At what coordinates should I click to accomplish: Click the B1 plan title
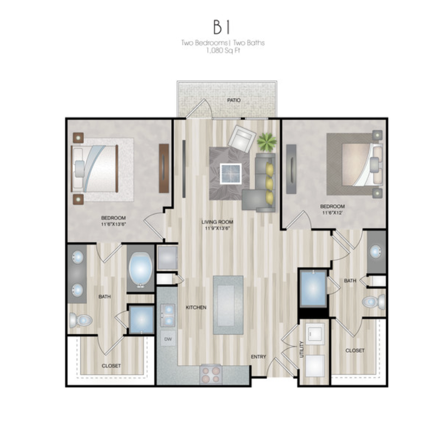click(x=222, y=27)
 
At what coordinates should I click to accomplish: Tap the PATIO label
click(x=234, y=100)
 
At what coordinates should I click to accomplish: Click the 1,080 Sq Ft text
click(x=223, y=51)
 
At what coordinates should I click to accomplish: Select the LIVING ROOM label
click(x=218, y=222)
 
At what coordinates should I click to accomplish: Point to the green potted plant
click(x=267, y=141)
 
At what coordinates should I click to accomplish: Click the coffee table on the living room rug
click(x=231, y=173)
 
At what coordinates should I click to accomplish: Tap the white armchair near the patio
click(x=242, y=139)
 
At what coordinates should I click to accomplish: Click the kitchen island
click(x=228, y=305)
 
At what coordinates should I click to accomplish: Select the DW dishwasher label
click(x=168, y=339)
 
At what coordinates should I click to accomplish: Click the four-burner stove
click(x=210, y=374)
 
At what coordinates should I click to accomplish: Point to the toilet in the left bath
click(x=81, y=320)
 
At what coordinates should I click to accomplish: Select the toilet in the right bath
click(x=374, y=302)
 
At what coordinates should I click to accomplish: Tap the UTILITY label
click(x=301, y=349)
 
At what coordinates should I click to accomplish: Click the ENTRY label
click(x=259, y=356)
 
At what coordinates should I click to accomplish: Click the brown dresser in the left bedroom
click(x=164, y=168)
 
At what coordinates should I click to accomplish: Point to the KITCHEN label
click(x=196, y=307)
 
